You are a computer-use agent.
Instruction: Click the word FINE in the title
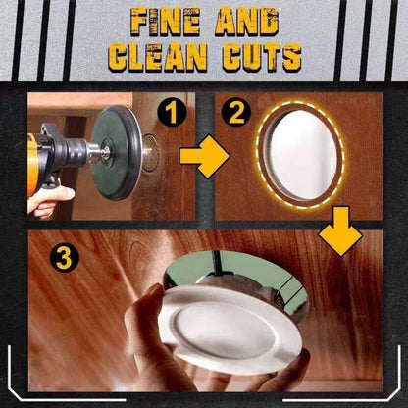pos(166,22)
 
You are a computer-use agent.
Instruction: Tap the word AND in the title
pos(247,22)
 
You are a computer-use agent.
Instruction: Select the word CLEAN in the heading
pos(158,58)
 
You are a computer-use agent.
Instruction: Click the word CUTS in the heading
pos(262,58)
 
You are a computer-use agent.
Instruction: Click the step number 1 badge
pos(172,112)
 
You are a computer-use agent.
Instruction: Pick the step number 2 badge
pos(236,112)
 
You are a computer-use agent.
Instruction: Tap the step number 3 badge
pos(65,259)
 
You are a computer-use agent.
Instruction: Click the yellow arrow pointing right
pos(205,157)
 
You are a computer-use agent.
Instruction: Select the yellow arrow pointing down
pos(340,230)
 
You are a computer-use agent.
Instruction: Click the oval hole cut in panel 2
pos(300,155)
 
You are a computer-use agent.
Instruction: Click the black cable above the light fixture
pos(218,262)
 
